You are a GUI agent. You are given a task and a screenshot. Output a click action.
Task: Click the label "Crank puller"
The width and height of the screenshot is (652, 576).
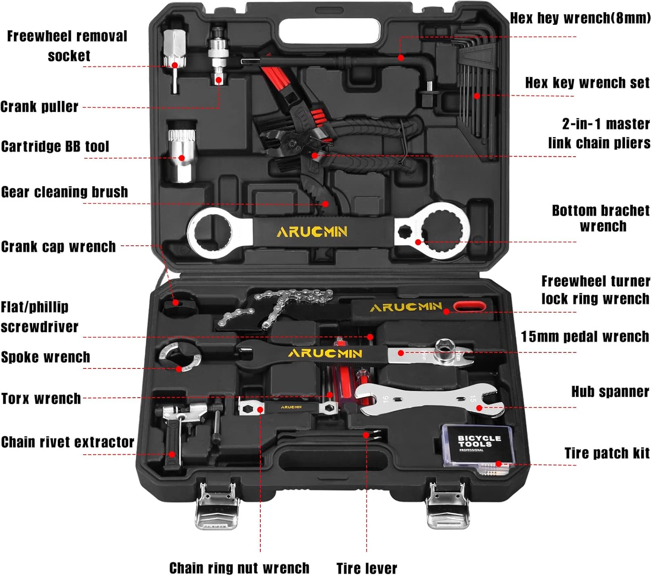39,107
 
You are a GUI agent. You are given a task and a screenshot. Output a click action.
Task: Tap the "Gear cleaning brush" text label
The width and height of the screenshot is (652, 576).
64,192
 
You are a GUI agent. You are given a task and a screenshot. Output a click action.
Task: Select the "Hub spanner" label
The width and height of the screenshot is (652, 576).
610,392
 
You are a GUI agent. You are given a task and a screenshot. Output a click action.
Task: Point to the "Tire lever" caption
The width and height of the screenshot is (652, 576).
366,568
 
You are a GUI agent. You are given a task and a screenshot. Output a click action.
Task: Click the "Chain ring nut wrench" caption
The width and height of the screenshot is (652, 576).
239,568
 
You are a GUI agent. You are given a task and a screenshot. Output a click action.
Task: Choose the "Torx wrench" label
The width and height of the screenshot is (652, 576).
41,399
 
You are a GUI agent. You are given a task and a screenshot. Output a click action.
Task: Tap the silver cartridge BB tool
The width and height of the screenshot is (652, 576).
181,152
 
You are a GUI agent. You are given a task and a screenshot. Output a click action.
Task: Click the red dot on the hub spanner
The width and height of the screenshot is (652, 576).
479,408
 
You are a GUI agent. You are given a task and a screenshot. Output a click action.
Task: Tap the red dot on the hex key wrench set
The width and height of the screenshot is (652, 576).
477,96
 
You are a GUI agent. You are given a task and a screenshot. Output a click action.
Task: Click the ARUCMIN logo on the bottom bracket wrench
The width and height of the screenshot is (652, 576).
312,231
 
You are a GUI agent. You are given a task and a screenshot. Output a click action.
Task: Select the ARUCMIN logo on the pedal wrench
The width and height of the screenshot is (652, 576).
325,353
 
